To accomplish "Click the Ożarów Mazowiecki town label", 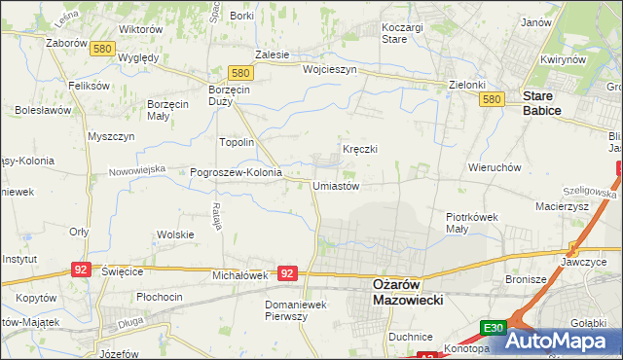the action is (408, 292).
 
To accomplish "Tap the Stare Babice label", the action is (541, 103).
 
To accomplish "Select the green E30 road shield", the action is (493, 329).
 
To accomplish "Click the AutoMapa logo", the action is (563, 342).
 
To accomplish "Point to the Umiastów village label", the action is (337, 186).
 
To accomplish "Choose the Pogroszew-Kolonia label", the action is (236, 172).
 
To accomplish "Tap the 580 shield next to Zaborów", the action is (101, 49).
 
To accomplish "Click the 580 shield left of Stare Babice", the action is (492, 100).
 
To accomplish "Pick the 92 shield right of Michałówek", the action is (287, 274).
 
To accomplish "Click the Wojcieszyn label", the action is (331, 70).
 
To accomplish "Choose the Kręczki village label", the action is (359, 149).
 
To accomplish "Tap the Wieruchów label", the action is (495, 167).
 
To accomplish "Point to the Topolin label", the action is (237, 142).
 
